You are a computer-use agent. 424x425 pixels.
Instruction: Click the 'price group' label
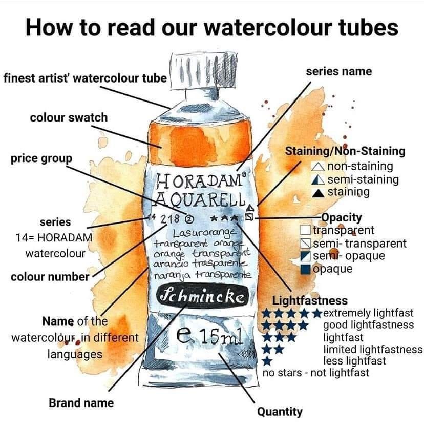(x=41, y=158)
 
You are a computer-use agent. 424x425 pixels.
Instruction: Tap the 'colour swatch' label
(x=69, y=117)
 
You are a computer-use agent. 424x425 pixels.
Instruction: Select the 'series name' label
(x=338, y=71)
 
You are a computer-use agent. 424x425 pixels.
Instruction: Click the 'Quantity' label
(x=280, y=411)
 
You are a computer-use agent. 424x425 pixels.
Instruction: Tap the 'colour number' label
(x=50, y=277)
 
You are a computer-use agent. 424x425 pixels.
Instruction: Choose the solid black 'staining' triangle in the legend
(x=318, y=193)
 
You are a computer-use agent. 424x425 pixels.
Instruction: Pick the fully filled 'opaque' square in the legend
(x=306, y=269)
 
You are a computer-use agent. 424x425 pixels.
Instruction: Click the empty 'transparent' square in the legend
(x=306, y=231)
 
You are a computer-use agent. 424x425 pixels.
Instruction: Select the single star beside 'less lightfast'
(x=268, y=361)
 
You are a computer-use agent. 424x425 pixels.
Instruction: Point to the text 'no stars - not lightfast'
(x=315, y=373)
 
